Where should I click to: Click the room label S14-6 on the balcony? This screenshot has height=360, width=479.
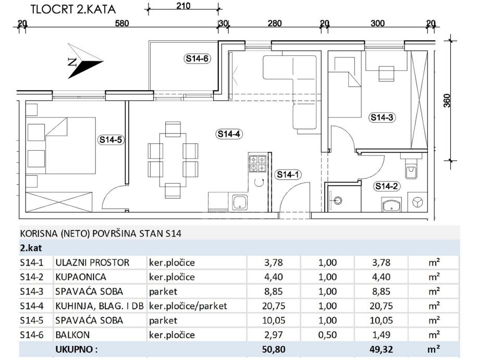point(198,58)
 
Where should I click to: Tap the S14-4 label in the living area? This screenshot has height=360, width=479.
point(228,134)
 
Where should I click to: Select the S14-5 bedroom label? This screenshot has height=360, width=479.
point(110,139)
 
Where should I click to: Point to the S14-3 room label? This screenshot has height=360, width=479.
point(382,118)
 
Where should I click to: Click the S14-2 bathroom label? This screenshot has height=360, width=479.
point(386,186)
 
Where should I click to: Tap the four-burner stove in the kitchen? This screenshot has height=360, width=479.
point(257,163)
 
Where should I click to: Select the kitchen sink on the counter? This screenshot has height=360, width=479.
point(240,202)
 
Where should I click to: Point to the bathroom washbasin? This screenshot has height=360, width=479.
point(391,206)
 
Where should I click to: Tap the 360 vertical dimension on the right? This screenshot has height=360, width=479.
point(447,101)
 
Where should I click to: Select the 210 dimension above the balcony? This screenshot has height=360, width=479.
point(183,6)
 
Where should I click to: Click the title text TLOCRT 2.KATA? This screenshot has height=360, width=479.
point(73,9)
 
